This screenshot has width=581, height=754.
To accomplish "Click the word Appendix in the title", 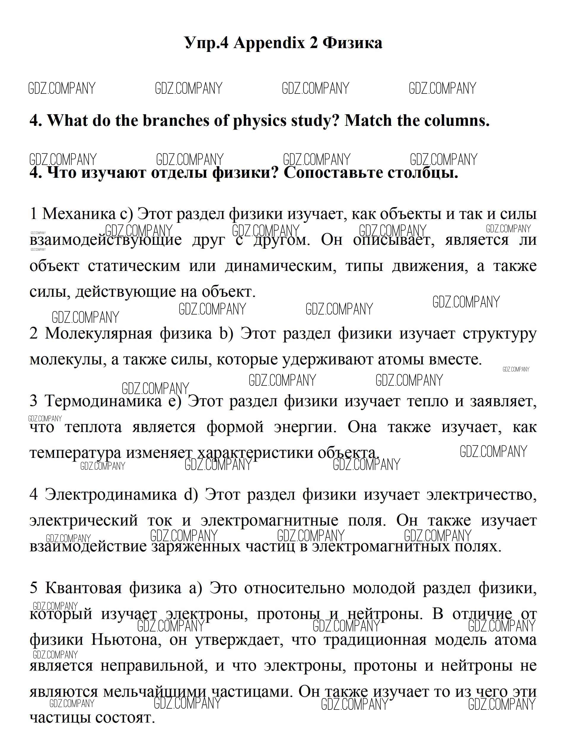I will [269, 43].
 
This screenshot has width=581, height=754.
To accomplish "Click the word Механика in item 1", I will [79, 214].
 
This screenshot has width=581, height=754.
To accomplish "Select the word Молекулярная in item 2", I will [98, 334].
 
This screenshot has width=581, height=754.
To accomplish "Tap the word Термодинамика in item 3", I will [103, 401].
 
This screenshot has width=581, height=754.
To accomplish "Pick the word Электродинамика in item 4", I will [110, 494].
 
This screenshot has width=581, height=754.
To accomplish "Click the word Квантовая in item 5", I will [84, 588].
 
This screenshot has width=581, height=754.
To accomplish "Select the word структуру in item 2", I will [499, 334].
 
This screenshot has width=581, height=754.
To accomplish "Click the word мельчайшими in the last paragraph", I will [155, 691].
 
